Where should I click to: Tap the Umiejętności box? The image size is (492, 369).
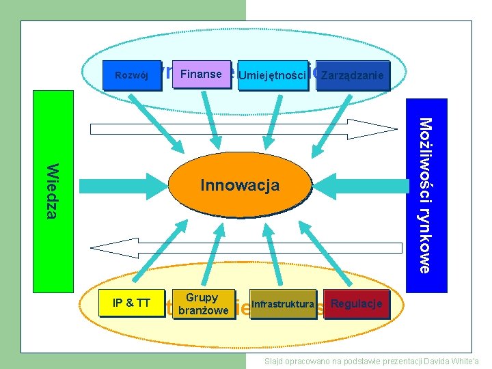pos(273,74)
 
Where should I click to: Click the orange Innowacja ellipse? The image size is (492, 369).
pos(240,185)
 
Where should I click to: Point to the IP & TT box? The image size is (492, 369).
pos(132,303)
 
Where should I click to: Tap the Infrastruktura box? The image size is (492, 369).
pos(283,304)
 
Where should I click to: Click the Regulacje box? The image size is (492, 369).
pos(356,303)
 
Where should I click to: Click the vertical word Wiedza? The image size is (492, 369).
pos(52,191)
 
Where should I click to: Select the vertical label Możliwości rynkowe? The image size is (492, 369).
pos(425,195)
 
